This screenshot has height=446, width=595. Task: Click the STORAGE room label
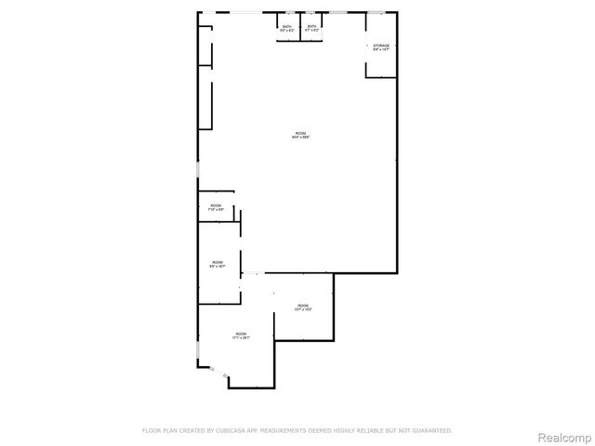click(381, 45)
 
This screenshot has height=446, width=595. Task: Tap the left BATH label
click(287, 26)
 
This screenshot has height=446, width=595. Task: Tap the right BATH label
click(311, 26)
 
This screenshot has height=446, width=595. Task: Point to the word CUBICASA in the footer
click(238, 430)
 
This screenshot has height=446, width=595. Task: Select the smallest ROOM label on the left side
click(216, 204)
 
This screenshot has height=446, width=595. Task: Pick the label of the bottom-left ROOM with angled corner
click(241, 334)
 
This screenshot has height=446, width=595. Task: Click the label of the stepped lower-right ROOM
click(303, 305)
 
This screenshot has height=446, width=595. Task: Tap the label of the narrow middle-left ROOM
click(217, 262)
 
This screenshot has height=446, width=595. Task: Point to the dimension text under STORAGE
click(381, 49)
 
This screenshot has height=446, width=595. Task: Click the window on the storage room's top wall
click(377, 12)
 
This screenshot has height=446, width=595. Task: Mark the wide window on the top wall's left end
click(245, 12)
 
